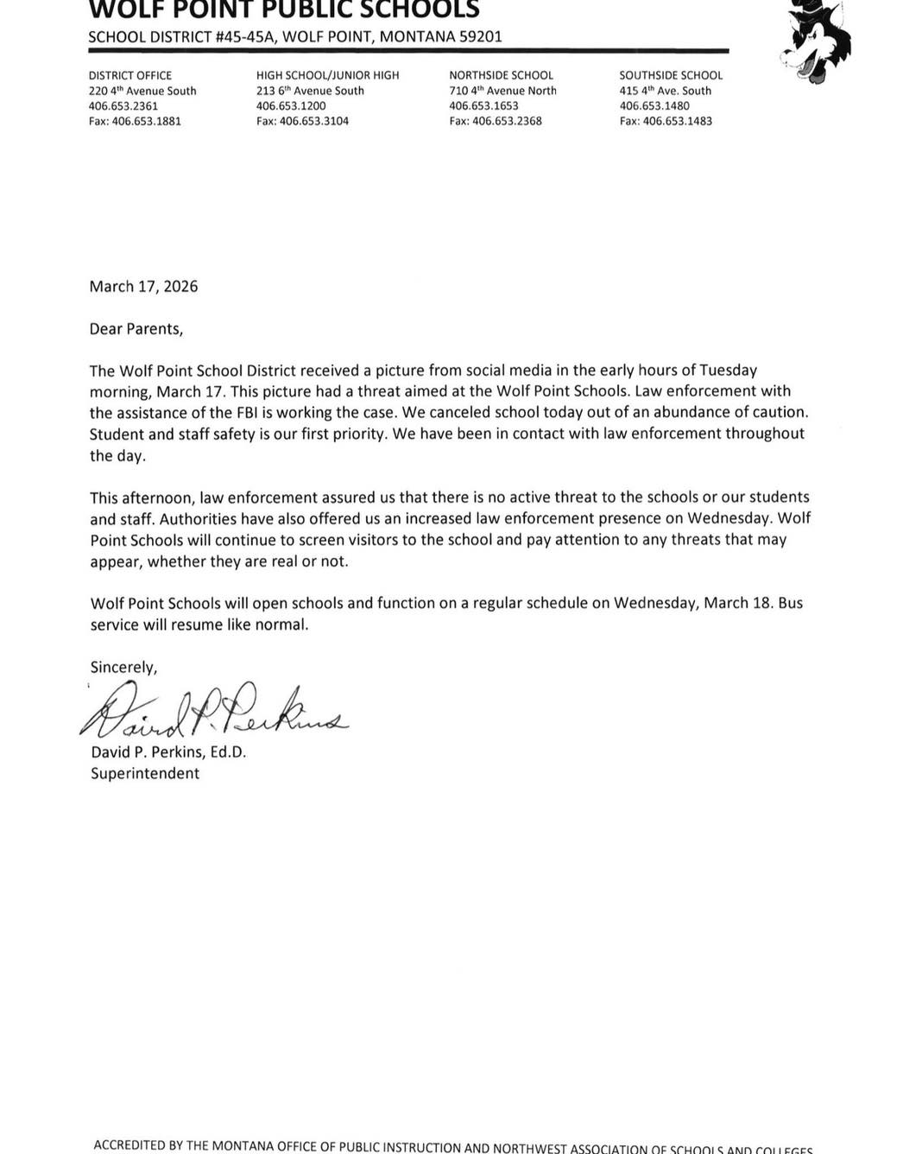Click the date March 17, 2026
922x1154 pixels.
(143, 286)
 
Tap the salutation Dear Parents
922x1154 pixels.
(136, 329)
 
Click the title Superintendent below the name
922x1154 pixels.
(145, 773)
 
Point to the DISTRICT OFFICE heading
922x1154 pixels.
(130, 75)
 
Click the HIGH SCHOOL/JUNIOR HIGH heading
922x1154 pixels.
(327, 75)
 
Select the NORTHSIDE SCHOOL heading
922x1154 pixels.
(501, 75)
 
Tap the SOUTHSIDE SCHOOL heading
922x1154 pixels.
(671, 75)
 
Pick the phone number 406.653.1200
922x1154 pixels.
(291, 105)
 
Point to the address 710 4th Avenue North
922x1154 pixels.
(502, 91)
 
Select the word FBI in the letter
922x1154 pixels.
(259, 412)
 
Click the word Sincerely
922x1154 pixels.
(123, 667)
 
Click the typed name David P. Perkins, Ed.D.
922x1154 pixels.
(168, 752)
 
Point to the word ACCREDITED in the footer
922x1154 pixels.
(129, 1145)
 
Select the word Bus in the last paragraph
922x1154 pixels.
(790, 603)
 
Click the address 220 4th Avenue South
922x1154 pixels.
(142, 91)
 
